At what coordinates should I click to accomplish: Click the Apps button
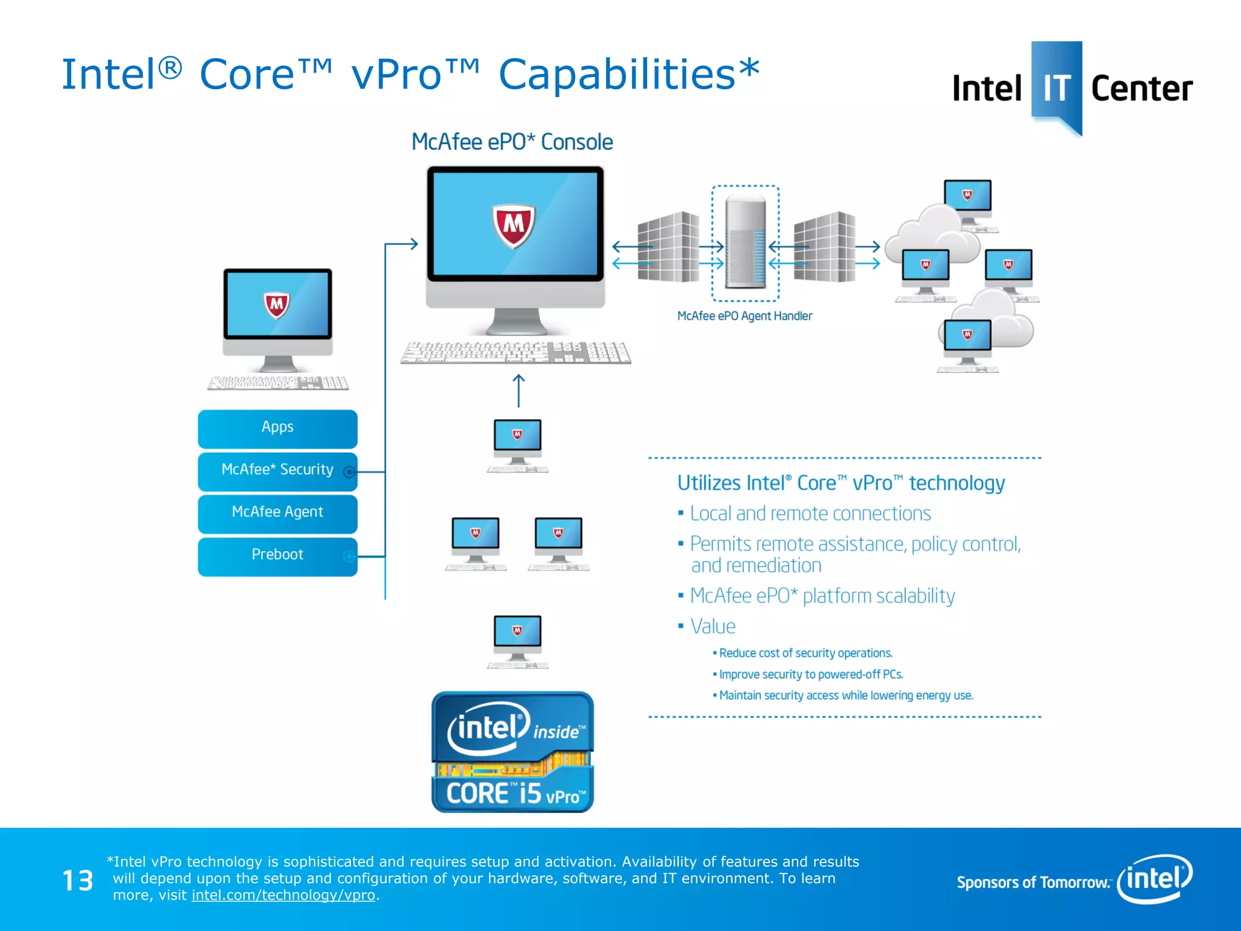point(277,428)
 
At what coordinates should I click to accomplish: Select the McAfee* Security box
point(277,470)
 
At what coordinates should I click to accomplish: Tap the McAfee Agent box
point(277,513)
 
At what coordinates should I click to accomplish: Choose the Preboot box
point(277,555)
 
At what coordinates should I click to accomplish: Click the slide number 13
point(78,881)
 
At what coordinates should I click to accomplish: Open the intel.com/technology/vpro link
point(283,895)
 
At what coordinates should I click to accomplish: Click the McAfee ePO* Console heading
point(512,142)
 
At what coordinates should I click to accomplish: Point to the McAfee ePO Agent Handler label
point(744,316)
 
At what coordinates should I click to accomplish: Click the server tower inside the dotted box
point(745,242)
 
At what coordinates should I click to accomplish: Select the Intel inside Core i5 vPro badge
point(512,752)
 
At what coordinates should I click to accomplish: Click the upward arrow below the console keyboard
point(519,390)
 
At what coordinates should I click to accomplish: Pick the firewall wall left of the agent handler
point(668,247)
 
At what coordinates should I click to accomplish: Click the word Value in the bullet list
point(713,627)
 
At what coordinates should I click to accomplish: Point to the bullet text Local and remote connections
point(810,514)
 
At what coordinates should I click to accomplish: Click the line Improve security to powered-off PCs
point(810,675)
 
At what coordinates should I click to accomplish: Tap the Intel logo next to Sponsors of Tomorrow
point(1155,878)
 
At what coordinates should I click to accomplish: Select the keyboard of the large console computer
point(516,352)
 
